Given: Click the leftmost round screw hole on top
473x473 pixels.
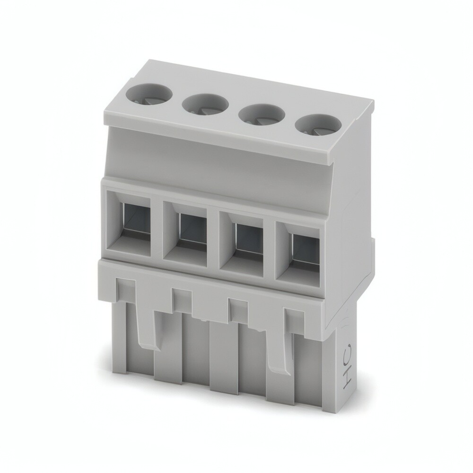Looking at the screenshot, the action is pos(149,96).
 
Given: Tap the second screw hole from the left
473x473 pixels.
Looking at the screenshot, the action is pos(205,105).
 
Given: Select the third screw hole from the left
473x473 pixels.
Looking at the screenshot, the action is pos(262,115).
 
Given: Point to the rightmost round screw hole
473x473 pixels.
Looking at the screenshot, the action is pos(318,126).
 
